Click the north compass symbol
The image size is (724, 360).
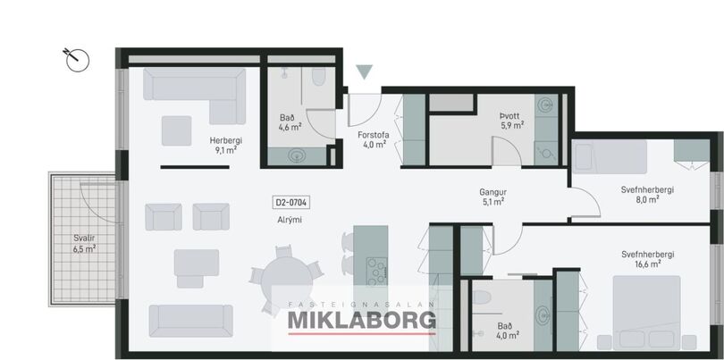[x=77, y=60]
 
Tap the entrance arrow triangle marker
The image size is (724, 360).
[x=365, y=71]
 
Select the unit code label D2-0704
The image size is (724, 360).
[x=291, y=202]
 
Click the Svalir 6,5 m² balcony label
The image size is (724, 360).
[x=84, y=244]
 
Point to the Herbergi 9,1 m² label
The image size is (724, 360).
[x=226, y=145]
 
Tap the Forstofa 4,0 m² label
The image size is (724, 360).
[x=374, y=140]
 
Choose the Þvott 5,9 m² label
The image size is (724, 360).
[x=512, y=120]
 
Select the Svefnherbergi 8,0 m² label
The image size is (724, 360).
[x=647, y=195]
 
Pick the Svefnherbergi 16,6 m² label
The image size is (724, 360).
[x=648, y=259]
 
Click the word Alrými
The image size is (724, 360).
[x=289, y=220]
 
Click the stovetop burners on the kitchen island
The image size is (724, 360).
[x=377, y=272]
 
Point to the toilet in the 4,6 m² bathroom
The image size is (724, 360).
[x=318, y=76]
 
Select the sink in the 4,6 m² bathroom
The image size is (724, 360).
[x=297, y=155]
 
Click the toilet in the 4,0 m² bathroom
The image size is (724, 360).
[x=482, y=297]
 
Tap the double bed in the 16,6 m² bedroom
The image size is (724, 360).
[x=646, y=313]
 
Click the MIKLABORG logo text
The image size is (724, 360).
[x=361, y=321]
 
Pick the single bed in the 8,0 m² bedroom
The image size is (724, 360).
[x=610, y=157]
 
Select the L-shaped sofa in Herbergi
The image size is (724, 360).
[x=194, y=96]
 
